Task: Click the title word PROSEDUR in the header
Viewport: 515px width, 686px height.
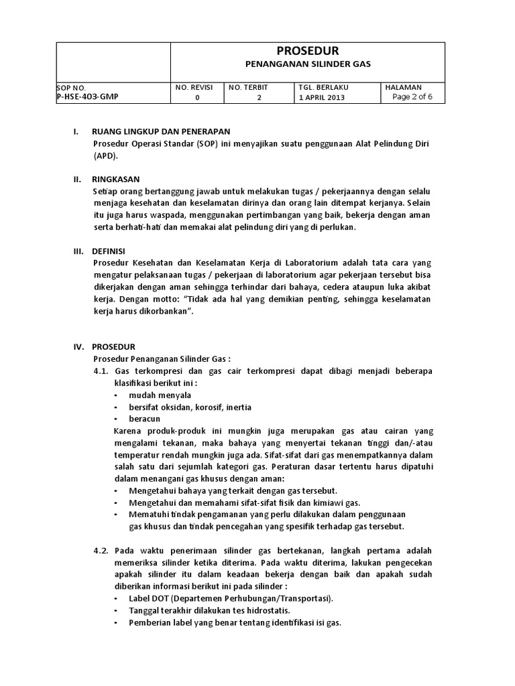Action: point(308,51)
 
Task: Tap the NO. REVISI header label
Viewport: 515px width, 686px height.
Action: point(194,87)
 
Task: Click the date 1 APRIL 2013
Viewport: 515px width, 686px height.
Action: point(322,97)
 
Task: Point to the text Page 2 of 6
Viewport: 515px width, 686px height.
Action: point(412,96)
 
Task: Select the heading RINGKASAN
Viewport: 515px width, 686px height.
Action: point(116,180)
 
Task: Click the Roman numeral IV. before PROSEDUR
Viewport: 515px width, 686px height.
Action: point(76,346)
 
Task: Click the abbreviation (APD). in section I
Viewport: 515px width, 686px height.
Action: point(105,155)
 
